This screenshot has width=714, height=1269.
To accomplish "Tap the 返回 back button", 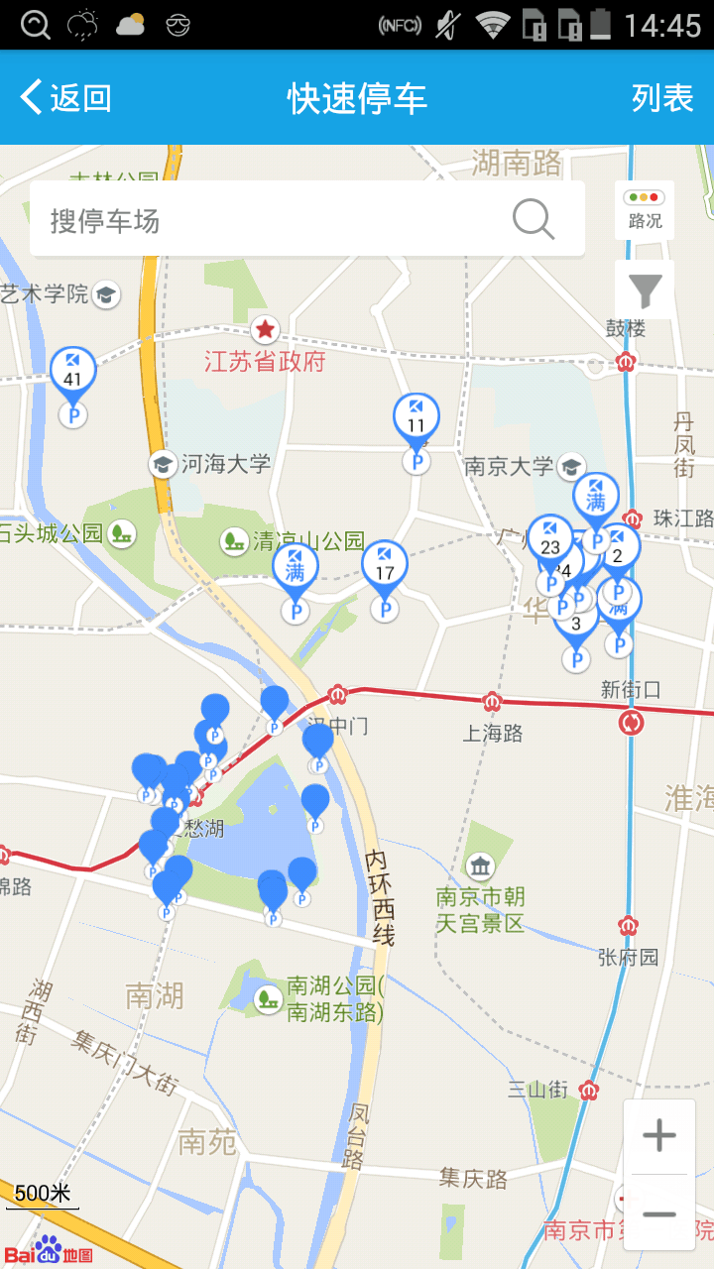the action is tap(65, 98).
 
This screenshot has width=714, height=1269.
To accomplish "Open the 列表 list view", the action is tap(662, 98).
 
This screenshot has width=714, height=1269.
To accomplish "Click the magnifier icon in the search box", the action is tap(534, 219).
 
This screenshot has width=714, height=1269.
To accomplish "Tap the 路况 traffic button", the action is tap(645, 209).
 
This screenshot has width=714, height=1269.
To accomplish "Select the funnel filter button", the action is tap(645, 290).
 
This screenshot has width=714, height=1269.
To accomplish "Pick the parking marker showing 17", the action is tap(385, 567).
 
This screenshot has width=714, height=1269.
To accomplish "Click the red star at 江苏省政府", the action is tap(265, 329).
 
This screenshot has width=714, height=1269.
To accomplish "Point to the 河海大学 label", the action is tap(225, 463).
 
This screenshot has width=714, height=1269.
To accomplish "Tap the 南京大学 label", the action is tap(509, 466).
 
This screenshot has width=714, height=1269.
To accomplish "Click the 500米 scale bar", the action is tap(42, 1195).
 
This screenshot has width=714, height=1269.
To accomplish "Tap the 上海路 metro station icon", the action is tap(493, 702).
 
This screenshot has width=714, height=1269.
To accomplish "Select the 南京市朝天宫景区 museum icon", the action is tap(481, 867).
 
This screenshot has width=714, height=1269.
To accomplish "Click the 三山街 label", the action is tap(538, 1090).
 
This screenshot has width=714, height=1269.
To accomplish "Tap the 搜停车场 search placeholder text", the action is tap(105, 220).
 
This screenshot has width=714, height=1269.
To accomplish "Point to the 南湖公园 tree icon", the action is tap(268, 998).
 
